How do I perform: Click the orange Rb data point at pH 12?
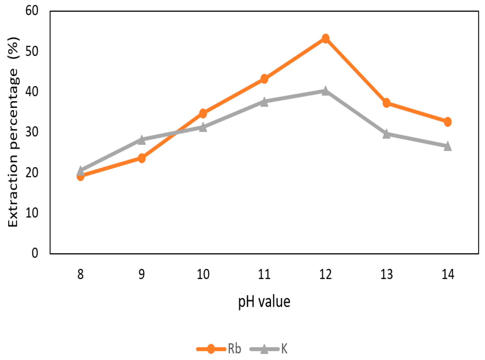point(326,39)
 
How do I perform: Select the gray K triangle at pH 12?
point(326,91)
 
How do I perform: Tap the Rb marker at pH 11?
point(264,79)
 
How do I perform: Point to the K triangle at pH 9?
point(141,140)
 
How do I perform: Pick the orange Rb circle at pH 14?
point(448,122)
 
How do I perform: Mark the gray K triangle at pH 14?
point(448,146)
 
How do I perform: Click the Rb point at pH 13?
point(387,103)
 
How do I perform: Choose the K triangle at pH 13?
point(387,134)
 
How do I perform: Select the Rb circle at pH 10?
point(203,113)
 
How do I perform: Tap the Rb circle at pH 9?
point(141,158)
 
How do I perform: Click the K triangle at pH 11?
point(264,102)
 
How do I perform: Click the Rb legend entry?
point(219,349)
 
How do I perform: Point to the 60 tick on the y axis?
point(32,11)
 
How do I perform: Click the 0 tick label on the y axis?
point(35,253)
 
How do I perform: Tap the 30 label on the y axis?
point(32,132)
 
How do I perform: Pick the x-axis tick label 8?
point(80,274)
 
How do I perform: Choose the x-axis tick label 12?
point(326,274)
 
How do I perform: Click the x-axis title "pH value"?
point(264,302)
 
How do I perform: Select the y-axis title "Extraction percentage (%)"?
point(13,132)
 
